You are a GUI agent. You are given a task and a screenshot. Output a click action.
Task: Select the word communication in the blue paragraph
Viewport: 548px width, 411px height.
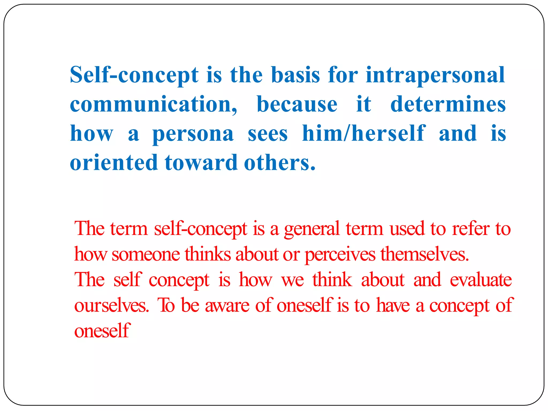[x=153, y=104]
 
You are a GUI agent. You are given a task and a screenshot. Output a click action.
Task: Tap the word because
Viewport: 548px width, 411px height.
[x=297, y=104]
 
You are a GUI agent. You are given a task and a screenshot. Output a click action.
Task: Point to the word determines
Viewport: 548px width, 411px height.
[x=448, y=104]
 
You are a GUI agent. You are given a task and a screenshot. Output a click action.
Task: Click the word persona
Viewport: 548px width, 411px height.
[x=193, y=134]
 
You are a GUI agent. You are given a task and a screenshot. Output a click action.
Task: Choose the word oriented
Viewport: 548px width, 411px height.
[x=114, y=162]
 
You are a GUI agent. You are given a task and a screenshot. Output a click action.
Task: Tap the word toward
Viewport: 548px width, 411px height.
[x=201, y=162]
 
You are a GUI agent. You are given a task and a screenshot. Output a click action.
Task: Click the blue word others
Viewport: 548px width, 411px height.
[x=280, y=162]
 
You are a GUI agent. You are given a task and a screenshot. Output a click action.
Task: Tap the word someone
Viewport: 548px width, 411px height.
[x=146, y=254]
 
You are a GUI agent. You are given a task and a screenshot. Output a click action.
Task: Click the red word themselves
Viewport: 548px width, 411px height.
[x=425, y=254]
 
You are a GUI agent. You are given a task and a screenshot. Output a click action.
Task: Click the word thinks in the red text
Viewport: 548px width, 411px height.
[x=208, y=254]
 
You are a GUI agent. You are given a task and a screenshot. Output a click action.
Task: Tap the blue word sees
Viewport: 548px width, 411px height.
[x=268, y=134]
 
